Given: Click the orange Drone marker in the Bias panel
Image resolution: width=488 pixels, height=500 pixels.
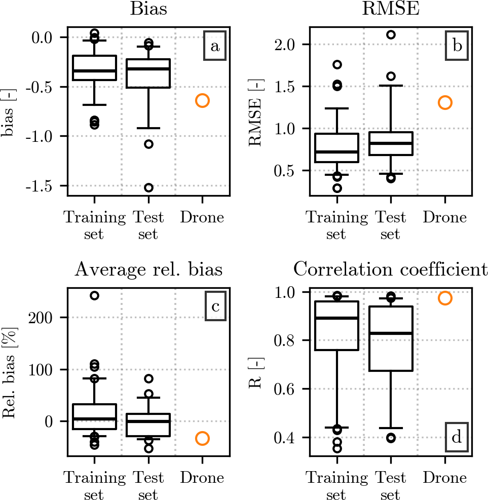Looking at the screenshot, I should click(x=202, y=100).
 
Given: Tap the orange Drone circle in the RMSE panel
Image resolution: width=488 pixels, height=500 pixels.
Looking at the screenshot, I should click(x=445, y=103).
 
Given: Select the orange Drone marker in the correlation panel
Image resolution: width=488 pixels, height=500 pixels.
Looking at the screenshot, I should click(x=445, y=298).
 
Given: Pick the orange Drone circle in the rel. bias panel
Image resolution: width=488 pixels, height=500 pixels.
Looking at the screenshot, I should click(x=202, y=438).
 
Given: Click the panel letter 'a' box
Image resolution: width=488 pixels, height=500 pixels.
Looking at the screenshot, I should click(x=215, y=47).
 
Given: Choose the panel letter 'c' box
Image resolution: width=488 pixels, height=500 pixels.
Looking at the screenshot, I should click(x=215, y=307).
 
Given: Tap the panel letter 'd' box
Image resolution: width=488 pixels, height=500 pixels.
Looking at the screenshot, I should click(x=457, y=437).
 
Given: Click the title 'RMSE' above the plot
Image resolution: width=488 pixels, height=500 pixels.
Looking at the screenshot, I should click(x=391, y=9).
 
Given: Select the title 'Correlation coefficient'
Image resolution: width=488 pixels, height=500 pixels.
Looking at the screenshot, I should click(x=391, y=270).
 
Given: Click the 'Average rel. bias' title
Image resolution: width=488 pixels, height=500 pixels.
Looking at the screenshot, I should click(x=148, y=270).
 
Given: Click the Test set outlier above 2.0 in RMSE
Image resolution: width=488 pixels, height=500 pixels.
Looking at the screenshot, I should click(x=391, y=35).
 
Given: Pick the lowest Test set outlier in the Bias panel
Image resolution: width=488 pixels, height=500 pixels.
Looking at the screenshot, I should click(x=148, y=188).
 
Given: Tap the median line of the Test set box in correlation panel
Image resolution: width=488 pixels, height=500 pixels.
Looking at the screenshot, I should click(x=391, y=333).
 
